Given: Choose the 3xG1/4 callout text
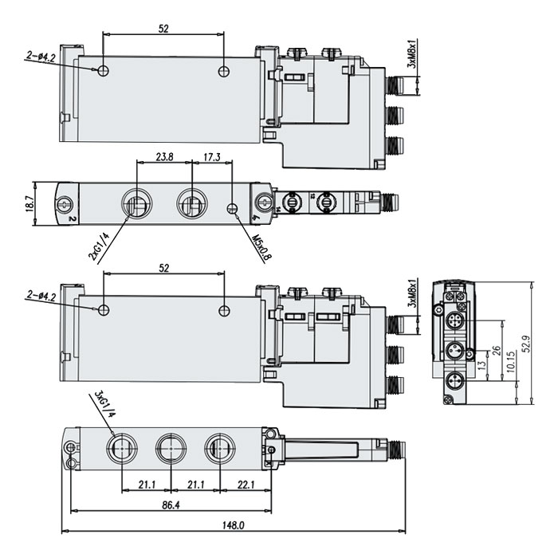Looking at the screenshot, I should [x=101, y=403].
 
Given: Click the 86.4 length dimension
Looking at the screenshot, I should [x=171, y=505].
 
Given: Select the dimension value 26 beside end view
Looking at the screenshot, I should [x=497, y=351].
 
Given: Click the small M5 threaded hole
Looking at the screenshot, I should [x=233, y=209].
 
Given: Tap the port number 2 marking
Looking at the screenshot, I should [x=72, y=217].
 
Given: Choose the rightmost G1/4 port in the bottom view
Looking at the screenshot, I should [x=218, y=448].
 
